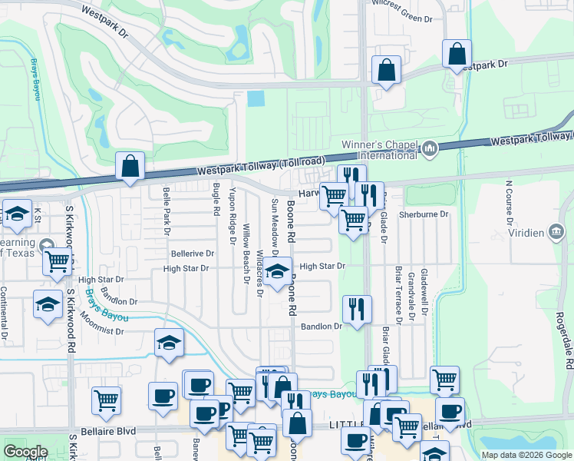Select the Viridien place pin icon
[x=556, y=231]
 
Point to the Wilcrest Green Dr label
[x=402, y=17]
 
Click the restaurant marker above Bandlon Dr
[x=356, y=309]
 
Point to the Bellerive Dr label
[x=192, y=254]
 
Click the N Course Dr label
[x=509, y=199]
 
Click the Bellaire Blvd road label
[x=112, y=432]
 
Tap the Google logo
[x=26, y=452]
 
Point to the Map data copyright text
[x=526, y=455]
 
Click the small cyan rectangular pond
[x=256, y=99]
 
